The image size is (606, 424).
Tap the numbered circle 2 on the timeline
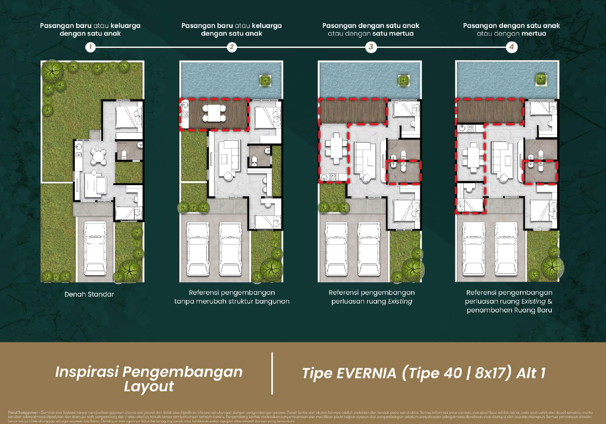232,47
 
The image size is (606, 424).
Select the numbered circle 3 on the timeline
371,47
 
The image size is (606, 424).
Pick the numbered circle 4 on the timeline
511,47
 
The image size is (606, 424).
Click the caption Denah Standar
89,295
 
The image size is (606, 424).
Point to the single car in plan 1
95,249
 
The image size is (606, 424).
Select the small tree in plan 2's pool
265,80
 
